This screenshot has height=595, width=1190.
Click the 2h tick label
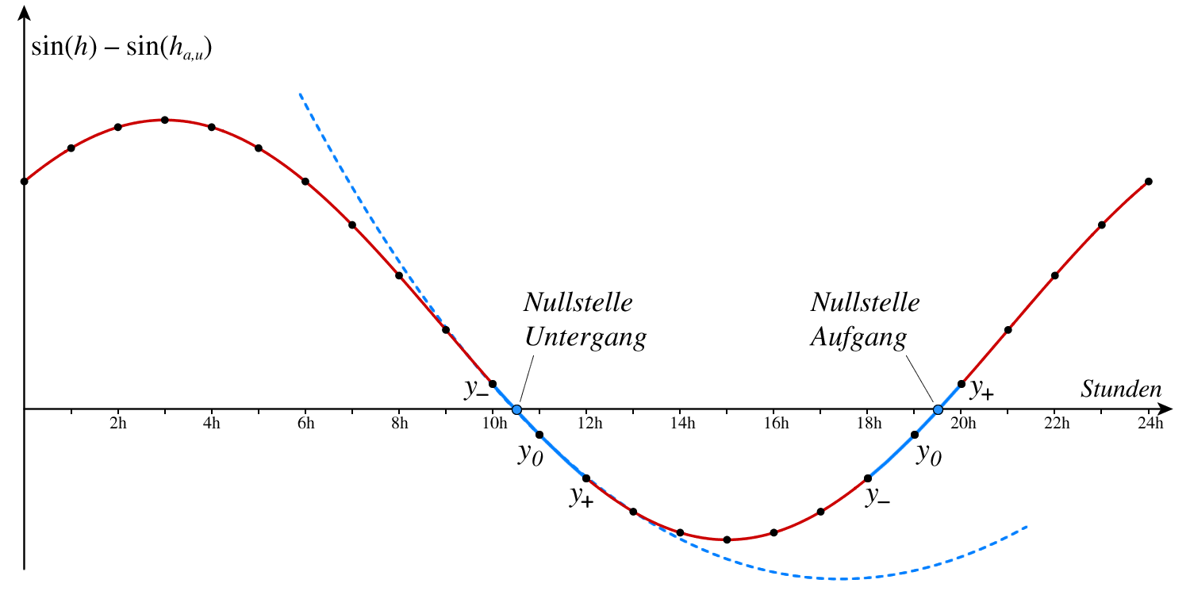(117, 424)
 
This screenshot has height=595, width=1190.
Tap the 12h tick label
(588, 424)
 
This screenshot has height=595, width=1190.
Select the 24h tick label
(1150, 424)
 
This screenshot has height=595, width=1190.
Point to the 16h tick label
(775, 424)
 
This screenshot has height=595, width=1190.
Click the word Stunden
(1121, 390)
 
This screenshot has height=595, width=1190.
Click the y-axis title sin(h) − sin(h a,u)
(121, 48)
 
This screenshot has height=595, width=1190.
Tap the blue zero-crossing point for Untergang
(516, 409)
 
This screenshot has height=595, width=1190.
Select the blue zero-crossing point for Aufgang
(938, 409)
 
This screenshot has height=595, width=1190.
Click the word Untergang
(585, 338)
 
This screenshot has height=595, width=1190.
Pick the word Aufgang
(858, 338)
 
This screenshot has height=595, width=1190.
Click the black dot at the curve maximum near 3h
(164, 120)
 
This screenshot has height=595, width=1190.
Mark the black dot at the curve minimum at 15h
(727, 539)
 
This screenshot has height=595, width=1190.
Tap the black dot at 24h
(1149, 181)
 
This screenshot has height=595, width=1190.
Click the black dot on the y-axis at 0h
(24, 181)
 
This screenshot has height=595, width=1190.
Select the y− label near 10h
(477, 388)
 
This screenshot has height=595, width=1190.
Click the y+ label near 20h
(982, 388)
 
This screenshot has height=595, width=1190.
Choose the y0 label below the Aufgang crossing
(929, 455)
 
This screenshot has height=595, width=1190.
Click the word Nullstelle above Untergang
(578, 302)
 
